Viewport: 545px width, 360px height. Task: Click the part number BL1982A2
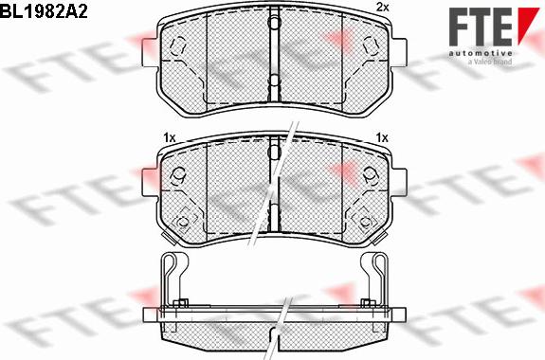(x=44, y=12)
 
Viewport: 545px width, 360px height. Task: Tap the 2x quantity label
(x=382, y=8)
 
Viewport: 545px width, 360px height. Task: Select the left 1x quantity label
(x=169, y=138)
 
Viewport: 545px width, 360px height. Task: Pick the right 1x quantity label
(x=382, y=138)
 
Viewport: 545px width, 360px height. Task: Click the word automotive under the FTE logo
(x=481, y=53)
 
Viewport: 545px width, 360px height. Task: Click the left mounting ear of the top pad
(x=151, y=52)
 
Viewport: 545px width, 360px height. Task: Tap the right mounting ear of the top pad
(x=399, y=52)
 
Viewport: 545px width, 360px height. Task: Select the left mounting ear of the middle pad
(x=151, y=183)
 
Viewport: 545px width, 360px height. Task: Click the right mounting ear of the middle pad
(x=399, y=183)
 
